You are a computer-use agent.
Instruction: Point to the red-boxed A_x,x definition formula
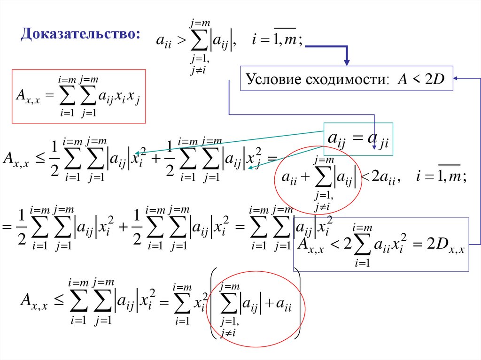78,96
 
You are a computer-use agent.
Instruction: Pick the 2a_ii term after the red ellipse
385,179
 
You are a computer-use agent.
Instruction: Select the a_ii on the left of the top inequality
164,42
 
